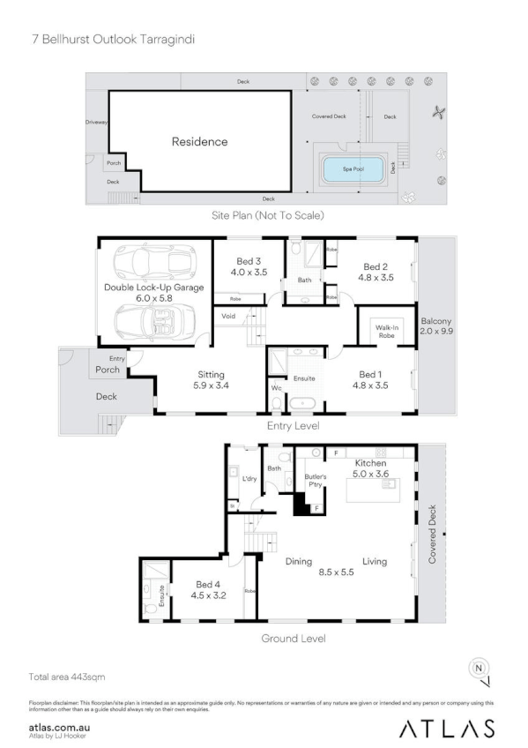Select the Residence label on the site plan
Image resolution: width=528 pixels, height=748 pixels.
click(x=199, y=141)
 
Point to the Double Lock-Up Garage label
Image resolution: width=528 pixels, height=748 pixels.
click(x=153, y=288)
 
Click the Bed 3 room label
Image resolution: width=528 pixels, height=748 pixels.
click(x=249, y=261)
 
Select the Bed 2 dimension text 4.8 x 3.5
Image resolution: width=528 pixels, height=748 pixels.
click(x=375, y=278)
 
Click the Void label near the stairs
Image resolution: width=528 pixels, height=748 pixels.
click(x=227, y=315)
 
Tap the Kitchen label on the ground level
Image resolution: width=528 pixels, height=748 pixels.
click(x=370, y=463)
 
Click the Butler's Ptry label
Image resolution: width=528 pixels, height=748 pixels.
click(x=316, y=482)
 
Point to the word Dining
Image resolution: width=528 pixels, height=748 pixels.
click(x=299, y=561)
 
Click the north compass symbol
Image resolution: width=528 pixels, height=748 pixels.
click(x=479, y=669)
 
